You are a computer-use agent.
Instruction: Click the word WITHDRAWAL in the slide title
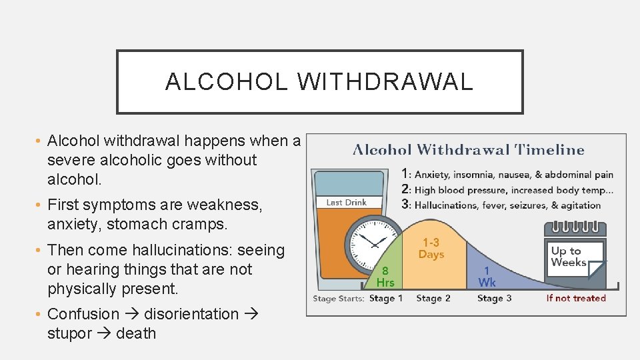385,81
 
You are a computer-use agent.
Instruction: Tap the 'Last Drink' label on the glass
347,202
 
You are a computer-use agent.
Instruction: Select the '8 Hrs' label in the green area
385,277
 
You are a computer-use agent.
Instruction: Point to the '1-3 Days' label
431,249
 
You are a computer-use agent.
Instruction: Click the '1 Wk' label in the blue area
487,277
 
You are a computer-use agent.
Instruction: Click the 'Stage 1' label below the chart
386,298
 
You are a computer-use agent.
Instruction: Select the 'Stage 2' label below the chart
433,298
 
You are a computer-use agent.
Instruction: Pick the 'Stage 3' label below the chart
494,298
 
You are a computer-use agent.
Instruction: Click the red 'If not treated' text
576,298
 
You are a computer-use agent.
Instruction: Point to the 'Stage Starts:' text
339,298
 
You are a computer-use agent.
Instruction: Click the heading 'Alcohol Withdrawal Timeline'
468,150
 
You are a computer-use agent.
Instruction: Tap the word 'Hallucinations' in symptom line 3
446,205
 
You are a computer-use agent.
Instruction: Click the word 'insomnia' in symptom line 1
474,175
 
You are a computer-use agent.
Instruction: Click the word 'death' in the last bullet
136,333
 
